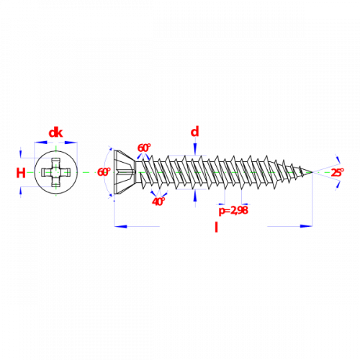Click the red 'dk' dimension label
[55, 132]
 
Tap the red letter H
[21, 173]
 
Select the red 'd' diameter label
[195, 132]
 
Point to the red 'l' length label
[216, 227]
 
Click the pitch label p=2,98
[233, 210]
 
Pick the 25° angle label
[338, 173]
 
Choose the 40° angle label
[158, 202]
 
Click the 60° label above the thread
[144, 148]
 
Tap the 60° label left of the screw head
[104, 172]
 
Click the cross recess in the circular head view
[56, 172]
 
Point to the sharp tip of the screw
[312, 172]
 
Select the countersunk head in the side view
[125, 172]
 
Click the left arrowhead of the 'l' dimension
[120, 226]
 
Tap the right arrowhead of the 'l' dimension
[306, 226]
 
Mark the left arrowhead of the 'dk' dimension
[40, 143]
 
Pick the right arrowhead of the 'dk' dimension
[71, 143]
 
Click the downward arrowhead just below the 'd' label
[195, 149]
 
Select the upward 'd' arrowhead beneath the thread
[195, 196]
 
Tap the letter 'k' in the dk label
[60, 132]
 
